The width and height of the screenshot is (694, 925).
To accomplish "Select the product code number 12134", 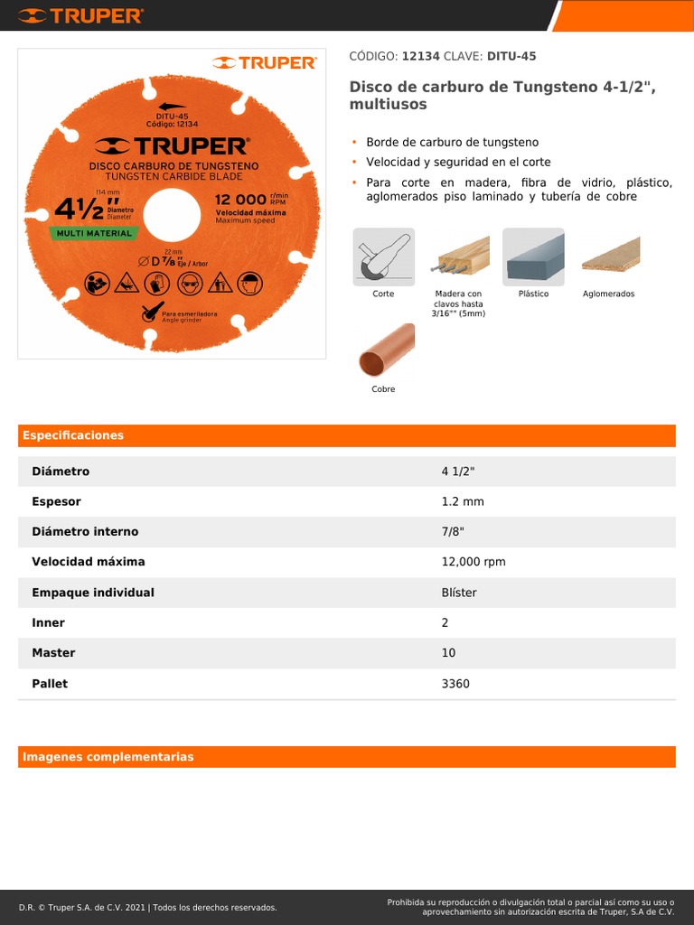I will [x=420, y=56].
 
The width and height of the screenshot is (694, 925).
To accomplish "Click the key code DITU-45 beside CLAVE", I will [x=511, y=56].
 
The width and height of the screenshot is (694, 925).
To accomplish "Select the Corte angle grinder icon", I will [x=383, y=257].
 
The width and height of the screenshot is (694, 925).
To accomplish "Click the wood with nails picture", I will [x=458, y=257].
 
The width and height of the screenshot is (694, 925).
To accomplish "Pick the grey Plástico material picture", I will [x=533, y=257].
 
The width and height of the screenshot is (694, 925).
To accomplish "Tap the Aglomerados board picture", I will [x=609, y=257].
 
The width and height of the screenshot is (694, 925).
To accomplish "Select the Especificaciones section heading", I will [x=73, y=435].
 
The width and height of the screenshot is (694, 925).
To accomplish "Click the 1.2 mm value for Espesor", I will [x=463, y=501].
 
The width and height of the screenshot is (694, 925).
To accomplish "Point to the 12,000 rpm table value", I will [x=473, y=562].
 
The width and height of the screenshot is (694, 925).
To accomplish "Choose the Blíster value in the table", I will [x=458, y=593].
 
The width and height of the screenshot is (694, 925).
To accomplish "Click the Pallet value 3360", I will [x=455, y=684].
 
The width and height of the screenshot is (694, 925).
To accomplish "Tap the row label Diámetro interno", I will [x=85, y=532].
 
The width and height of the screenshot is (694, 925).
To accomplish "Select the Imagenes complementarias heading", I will [x=108, y=757].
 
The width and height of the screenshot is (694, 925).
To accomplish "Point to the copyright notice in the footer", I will [x=147, y=907].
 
